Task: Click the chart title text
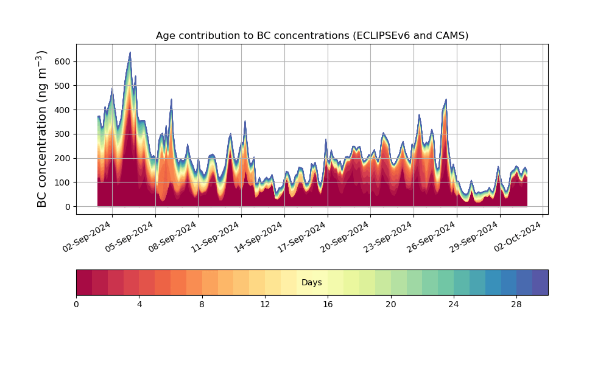tap(312, 35)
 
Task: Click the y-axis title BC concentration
tap(42, 129)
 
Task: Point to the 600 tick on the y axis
tap(62, 61)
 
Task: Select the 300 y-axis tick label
tap(62, 134)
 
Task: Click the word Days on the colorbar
tap(312, 283)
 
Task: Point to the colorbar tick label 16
tap(328, 304)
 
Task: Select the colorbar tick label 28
tap(516, 304)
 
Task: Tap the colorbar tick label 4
tap(139, 304)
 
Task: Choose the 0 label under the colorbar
tap(76, 304)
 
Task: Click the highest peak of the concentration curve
tap(130, 53)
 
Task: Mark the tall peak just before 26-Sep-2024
tap(446, 99)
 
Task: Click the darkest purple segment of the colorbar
tap(540, 282)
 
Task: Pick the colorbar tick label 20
tap(390, 304)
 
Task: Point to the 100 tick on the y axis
tap(62, 182)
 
